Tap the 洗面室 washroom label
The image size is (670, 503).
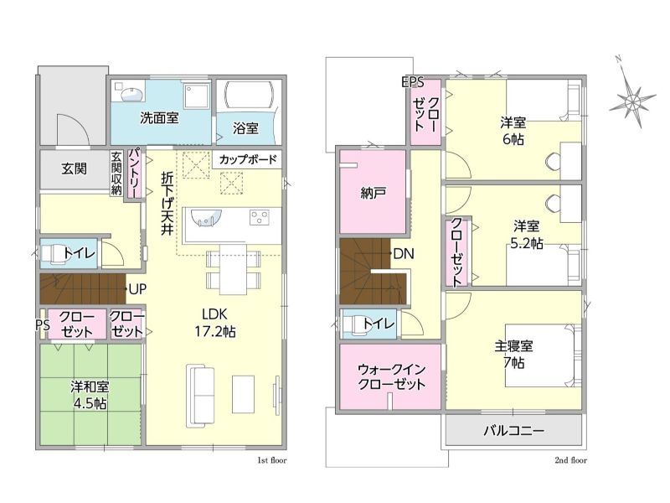click(159, 118)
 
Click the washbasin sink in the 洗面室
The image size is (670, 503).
click(131, 94)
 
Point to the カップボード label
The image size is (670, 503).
click(248, 159)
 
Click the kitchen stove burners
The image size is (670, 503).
click(260, 217)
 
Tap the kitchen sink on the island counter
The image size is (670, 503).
click(206, 217)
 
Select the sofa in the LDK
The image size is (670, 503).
click(200, 396)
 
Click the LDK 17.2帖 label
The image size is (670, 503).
click(215, 323)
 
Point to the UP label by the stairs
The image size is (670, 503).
click(137, 289)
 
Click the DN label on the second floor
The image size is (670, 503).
click(404, 254)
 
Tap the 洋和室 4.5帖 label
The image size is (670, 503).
click(90, 395)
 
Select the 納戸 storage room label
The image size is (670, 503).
click(373, 193)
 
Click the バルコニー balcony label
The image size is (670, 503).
click(513, 430)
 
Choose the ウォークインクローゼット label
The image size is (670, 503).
click(391, 376)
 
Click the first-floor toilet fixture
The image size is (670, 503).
click(52, 254)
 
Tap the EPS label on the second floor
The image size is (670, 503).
click(413, 81)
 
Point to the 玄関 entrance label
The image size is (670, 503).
click(74, 169)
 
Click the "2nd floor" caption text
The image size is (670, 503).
click(570, 460)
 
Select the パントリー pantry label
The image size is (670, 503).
click(134, 173)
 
